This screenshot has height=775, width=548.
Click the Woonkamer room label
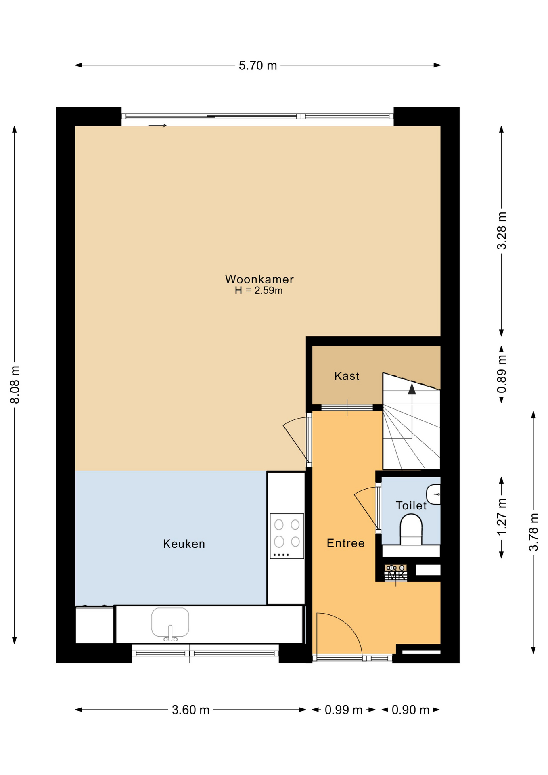259,279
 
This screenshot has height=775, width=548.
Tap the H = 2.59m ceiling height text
259,290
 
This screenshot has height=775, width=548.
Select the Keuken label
184,544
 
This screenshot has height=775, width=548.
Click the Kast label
347,376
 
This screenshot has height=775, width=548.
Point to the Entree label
345,543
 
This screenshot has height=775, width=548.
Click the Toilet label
411,505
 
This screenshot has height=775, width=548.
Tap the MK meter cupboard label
397,576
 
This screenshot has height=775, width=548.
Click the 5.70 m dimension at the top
258,65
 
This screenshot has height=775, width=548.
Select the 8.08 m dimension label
15,385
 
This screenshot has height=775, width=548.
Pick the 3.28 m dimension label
501,230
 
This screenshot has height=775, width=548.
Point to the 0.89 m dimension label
501,374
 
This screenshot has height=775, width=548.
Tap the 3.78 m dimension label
533,532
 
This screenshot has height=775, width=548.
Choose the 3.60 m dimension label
190,710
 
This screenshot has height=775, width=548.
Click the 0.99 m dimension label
343,710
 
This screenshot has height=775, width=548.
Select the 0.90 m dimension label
410,710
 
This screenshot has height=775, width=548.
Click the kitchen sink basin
170,622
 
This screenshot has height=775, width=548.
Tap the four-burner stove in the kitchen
287,536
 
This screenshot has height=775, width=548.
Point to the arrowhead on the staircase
412,389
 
